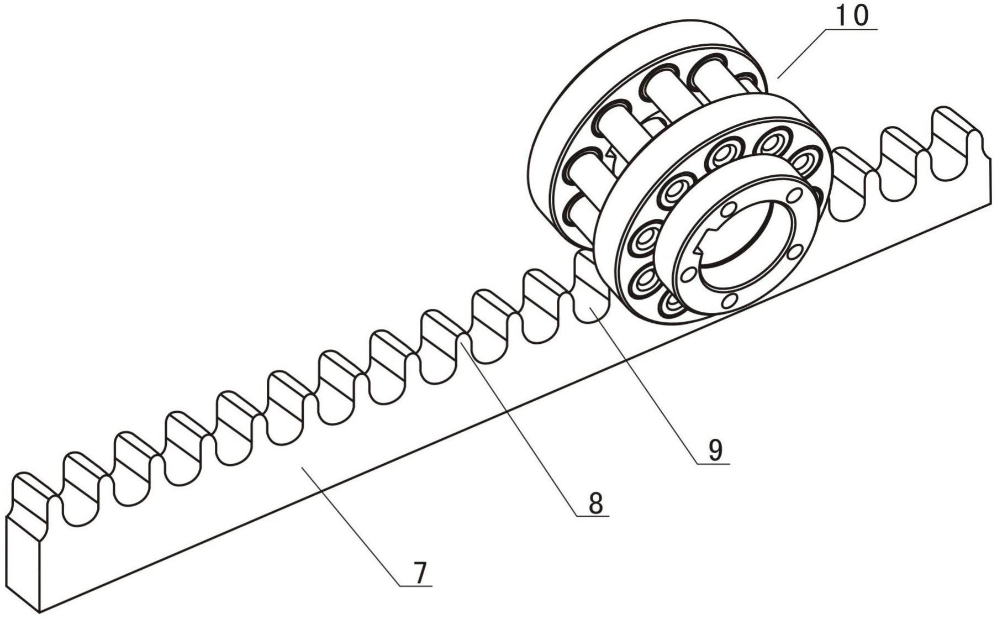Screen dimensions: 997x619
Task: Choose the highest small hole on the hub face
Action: coord(794,195)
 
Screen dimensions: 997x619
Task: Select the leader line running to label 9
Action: coord(646,381)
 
